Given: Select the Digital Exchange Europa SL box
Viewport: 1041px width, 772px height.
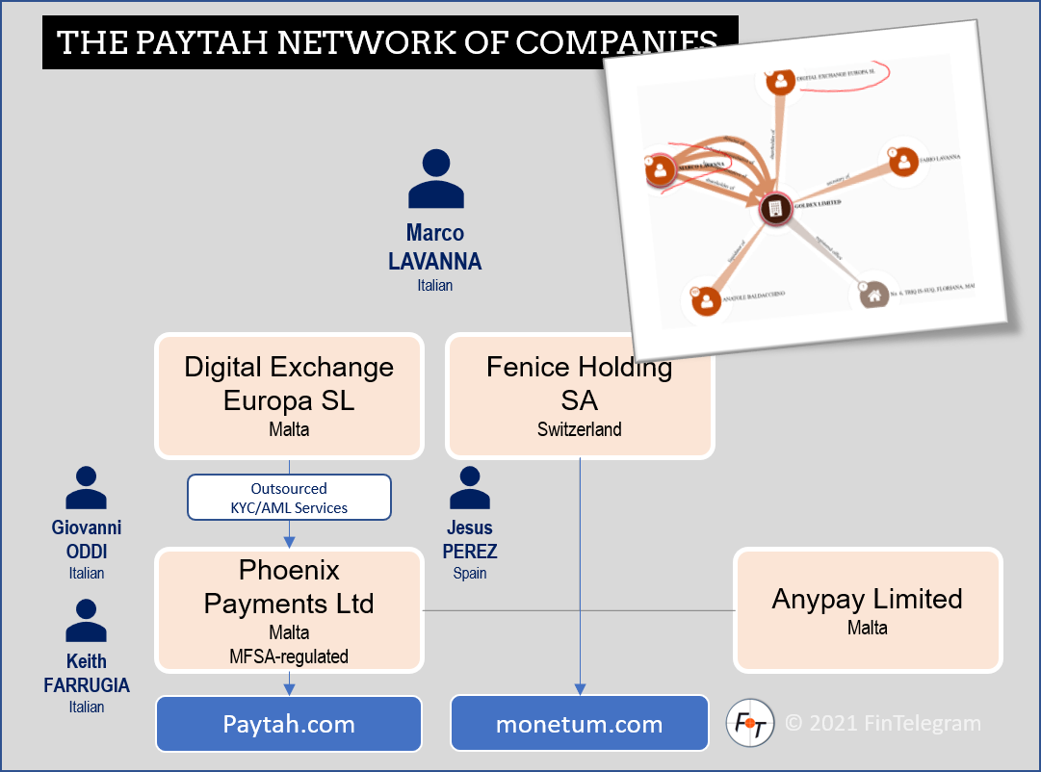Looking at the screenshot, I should pyautogui.click(x=289, y=396).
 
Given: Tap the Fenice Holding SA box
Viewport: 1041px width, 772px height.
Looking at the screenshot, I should pyautogui.click(x=579, y=396).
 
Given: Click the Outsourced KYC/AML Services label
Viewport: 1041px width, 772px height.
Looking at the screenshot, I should pyautogui.click(x=289, y=498).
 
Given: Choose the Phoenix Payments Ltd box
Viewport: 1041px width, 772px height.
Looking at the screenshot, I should pyautogui.click(x=289, y=609).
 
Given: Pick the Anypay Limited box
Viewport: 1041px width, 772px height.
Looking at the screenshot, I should pyautogui.click(x=867, y=609).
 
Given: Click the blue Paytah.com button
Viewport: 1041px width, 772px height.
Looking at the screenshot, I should pyautogui.click(x=289, y=724).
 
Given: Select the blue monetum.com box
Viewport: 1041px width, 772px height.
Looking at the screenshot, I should pyautogui.click(x=579, y=724).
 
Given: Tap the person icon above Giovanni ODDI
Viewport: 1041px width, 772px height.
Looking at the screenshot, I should pyautogui.click(x=86, y=488).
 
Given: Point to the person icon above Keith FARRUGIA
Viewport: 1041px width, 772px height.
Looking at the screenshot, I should pyautogui.click(x=86, y=621).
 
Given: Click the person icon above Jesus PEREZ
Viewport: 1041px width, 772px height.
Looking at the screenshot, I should pyautogui.click(x=469, y=488).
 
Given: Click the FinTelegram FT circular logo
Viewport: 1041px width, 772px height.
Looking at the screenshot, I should pyautogui.click(x=749, y=723).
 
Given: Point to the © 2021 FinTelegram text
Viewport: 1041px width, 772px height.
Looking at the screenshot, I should pyautogui.click(x=881, y=723).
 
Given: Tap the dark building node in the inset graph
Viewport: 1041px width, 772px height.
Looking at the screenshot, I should pyautogui.click(x=772, y=208).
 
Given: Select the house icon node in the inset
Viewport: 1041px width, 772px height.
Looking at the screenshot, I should pyautogui.click(x=874, y=295).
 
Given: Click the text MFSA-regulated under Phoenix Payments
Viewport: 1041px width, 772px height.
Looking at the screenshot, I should pyautogui.click(x=289, y=656).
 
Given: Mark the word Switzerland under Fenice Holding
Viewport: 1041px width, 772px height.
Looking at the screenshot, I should pyautogui.click(x=579, y=429).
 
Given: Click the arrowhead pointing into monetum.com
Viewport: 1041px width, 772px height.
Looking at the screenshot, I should pyautogui.click(x=579, y=688).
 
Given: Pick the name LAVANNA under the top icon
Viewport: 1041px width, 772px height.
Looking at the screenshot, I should pyautogui.click(x=434, y=261).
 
